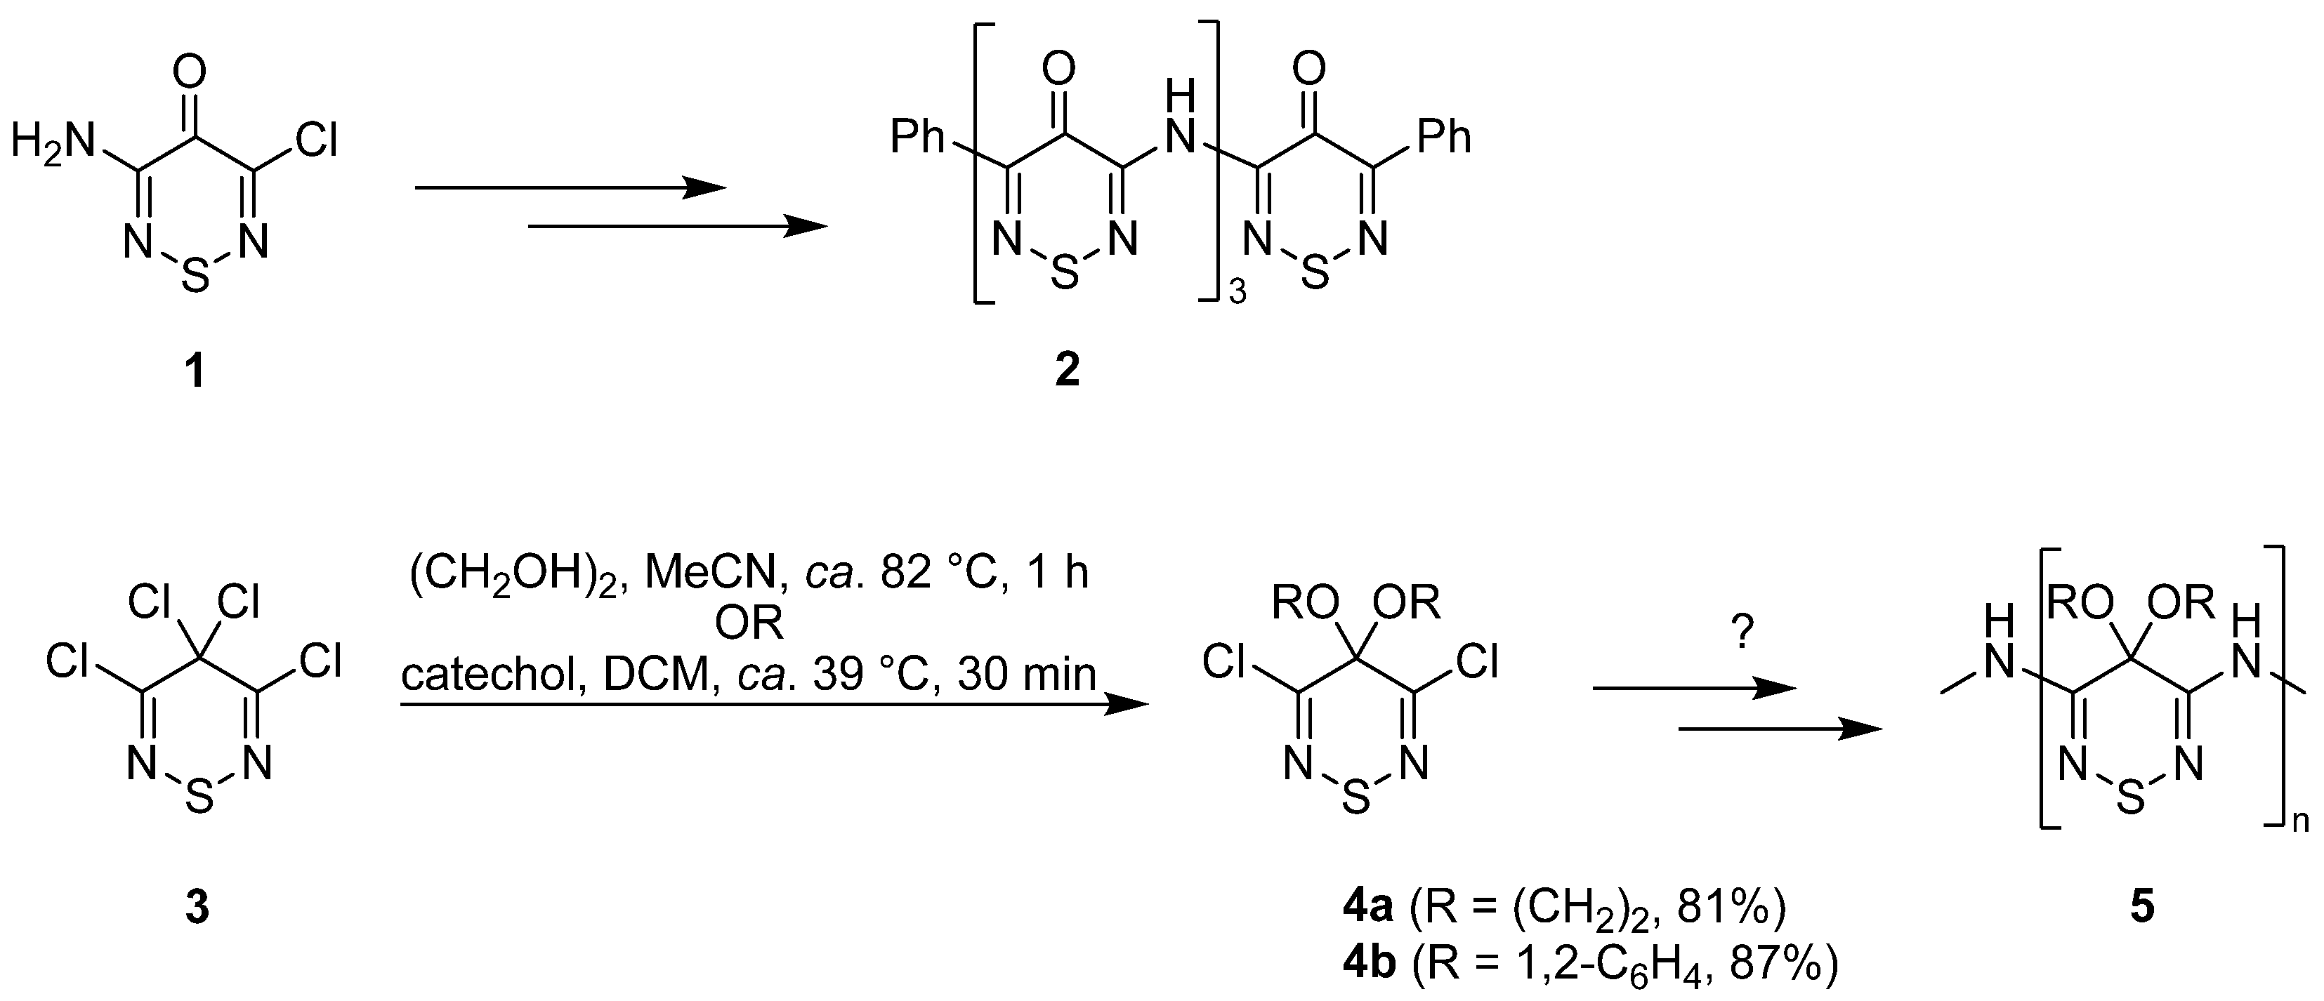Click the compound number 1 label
[x=194, y=371]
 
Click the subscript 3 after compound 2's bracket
[x=1237, y=294]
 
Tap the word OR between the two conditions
[x=749, y=624]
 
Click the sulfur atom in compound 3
[x=199, y=798]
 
